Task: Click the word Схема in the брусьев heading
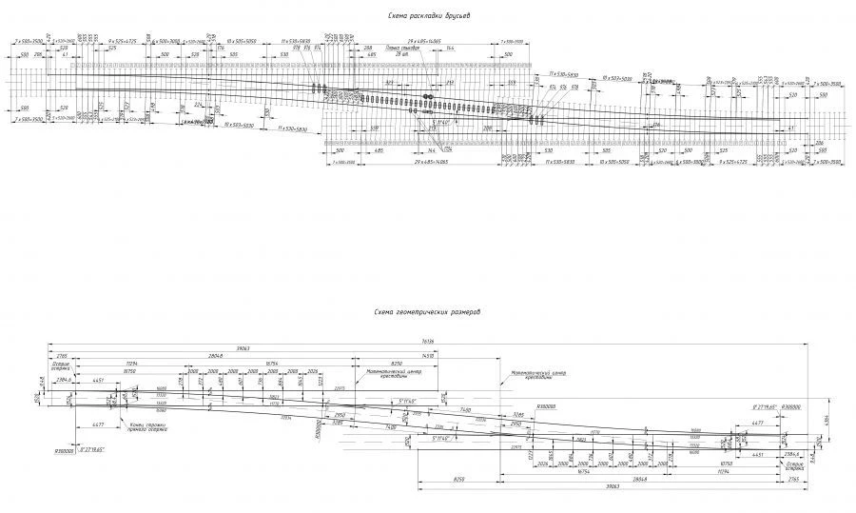click(397, 16)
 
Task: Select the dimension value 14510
click(456, 355)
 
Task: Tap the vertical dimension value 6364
click(825, 421)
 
